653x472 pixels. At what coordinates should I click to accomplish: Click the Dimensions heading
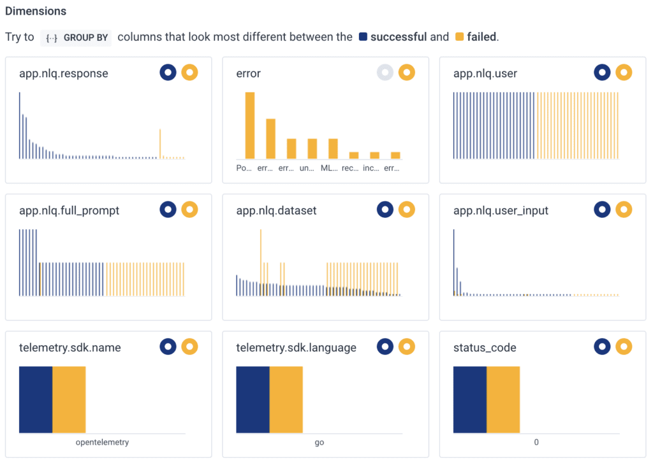tap(36, 11)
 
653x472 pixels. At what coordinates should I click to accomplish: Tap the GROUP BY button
tap(76, 37)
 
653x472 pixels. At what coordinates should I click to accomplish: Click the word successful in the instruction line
tap(398, 37)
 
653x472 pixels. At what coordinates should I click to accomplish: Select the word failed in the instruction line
tap(481, 37)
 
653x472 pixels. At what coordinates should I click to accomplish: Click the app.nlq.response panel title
tap(64, 73)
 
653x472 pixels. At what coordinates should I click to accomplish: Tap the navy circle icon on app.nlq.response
tap(168, 73)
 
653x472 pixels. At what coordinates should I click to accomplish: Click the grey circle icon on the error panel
tap(385, 73)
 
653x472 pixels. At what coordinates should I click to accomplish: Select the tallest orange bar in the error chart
tap(250, 125)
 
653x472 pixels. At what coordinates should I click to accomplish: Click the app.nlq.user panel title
tap(485, 73)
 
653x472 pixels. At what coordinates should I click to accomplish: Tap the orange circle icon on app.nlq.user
tap(624, 73)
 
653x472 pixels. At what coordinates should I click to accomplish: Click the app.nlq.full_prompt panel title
tap(69, 210)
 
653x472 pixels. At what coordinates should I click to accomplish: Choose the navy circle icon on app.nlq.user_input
tap(602, 210)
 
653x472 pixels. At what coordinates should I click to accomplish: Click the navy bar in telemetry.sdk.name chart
tap(36, 399)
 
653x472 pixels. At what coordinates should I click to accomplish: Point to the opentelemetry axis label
tap(102, 442)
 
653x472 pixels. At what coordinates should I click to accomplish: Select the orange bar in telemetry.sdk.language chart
tap(286, 399)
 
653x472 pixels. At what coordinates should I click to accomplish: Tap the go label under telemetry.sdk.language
tap(319, 442)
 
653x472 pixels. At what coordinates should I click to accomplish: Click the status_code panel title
tap(485, 348)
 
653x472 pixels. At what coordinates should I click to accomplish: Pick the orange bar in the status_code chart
tap(503, 399)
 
